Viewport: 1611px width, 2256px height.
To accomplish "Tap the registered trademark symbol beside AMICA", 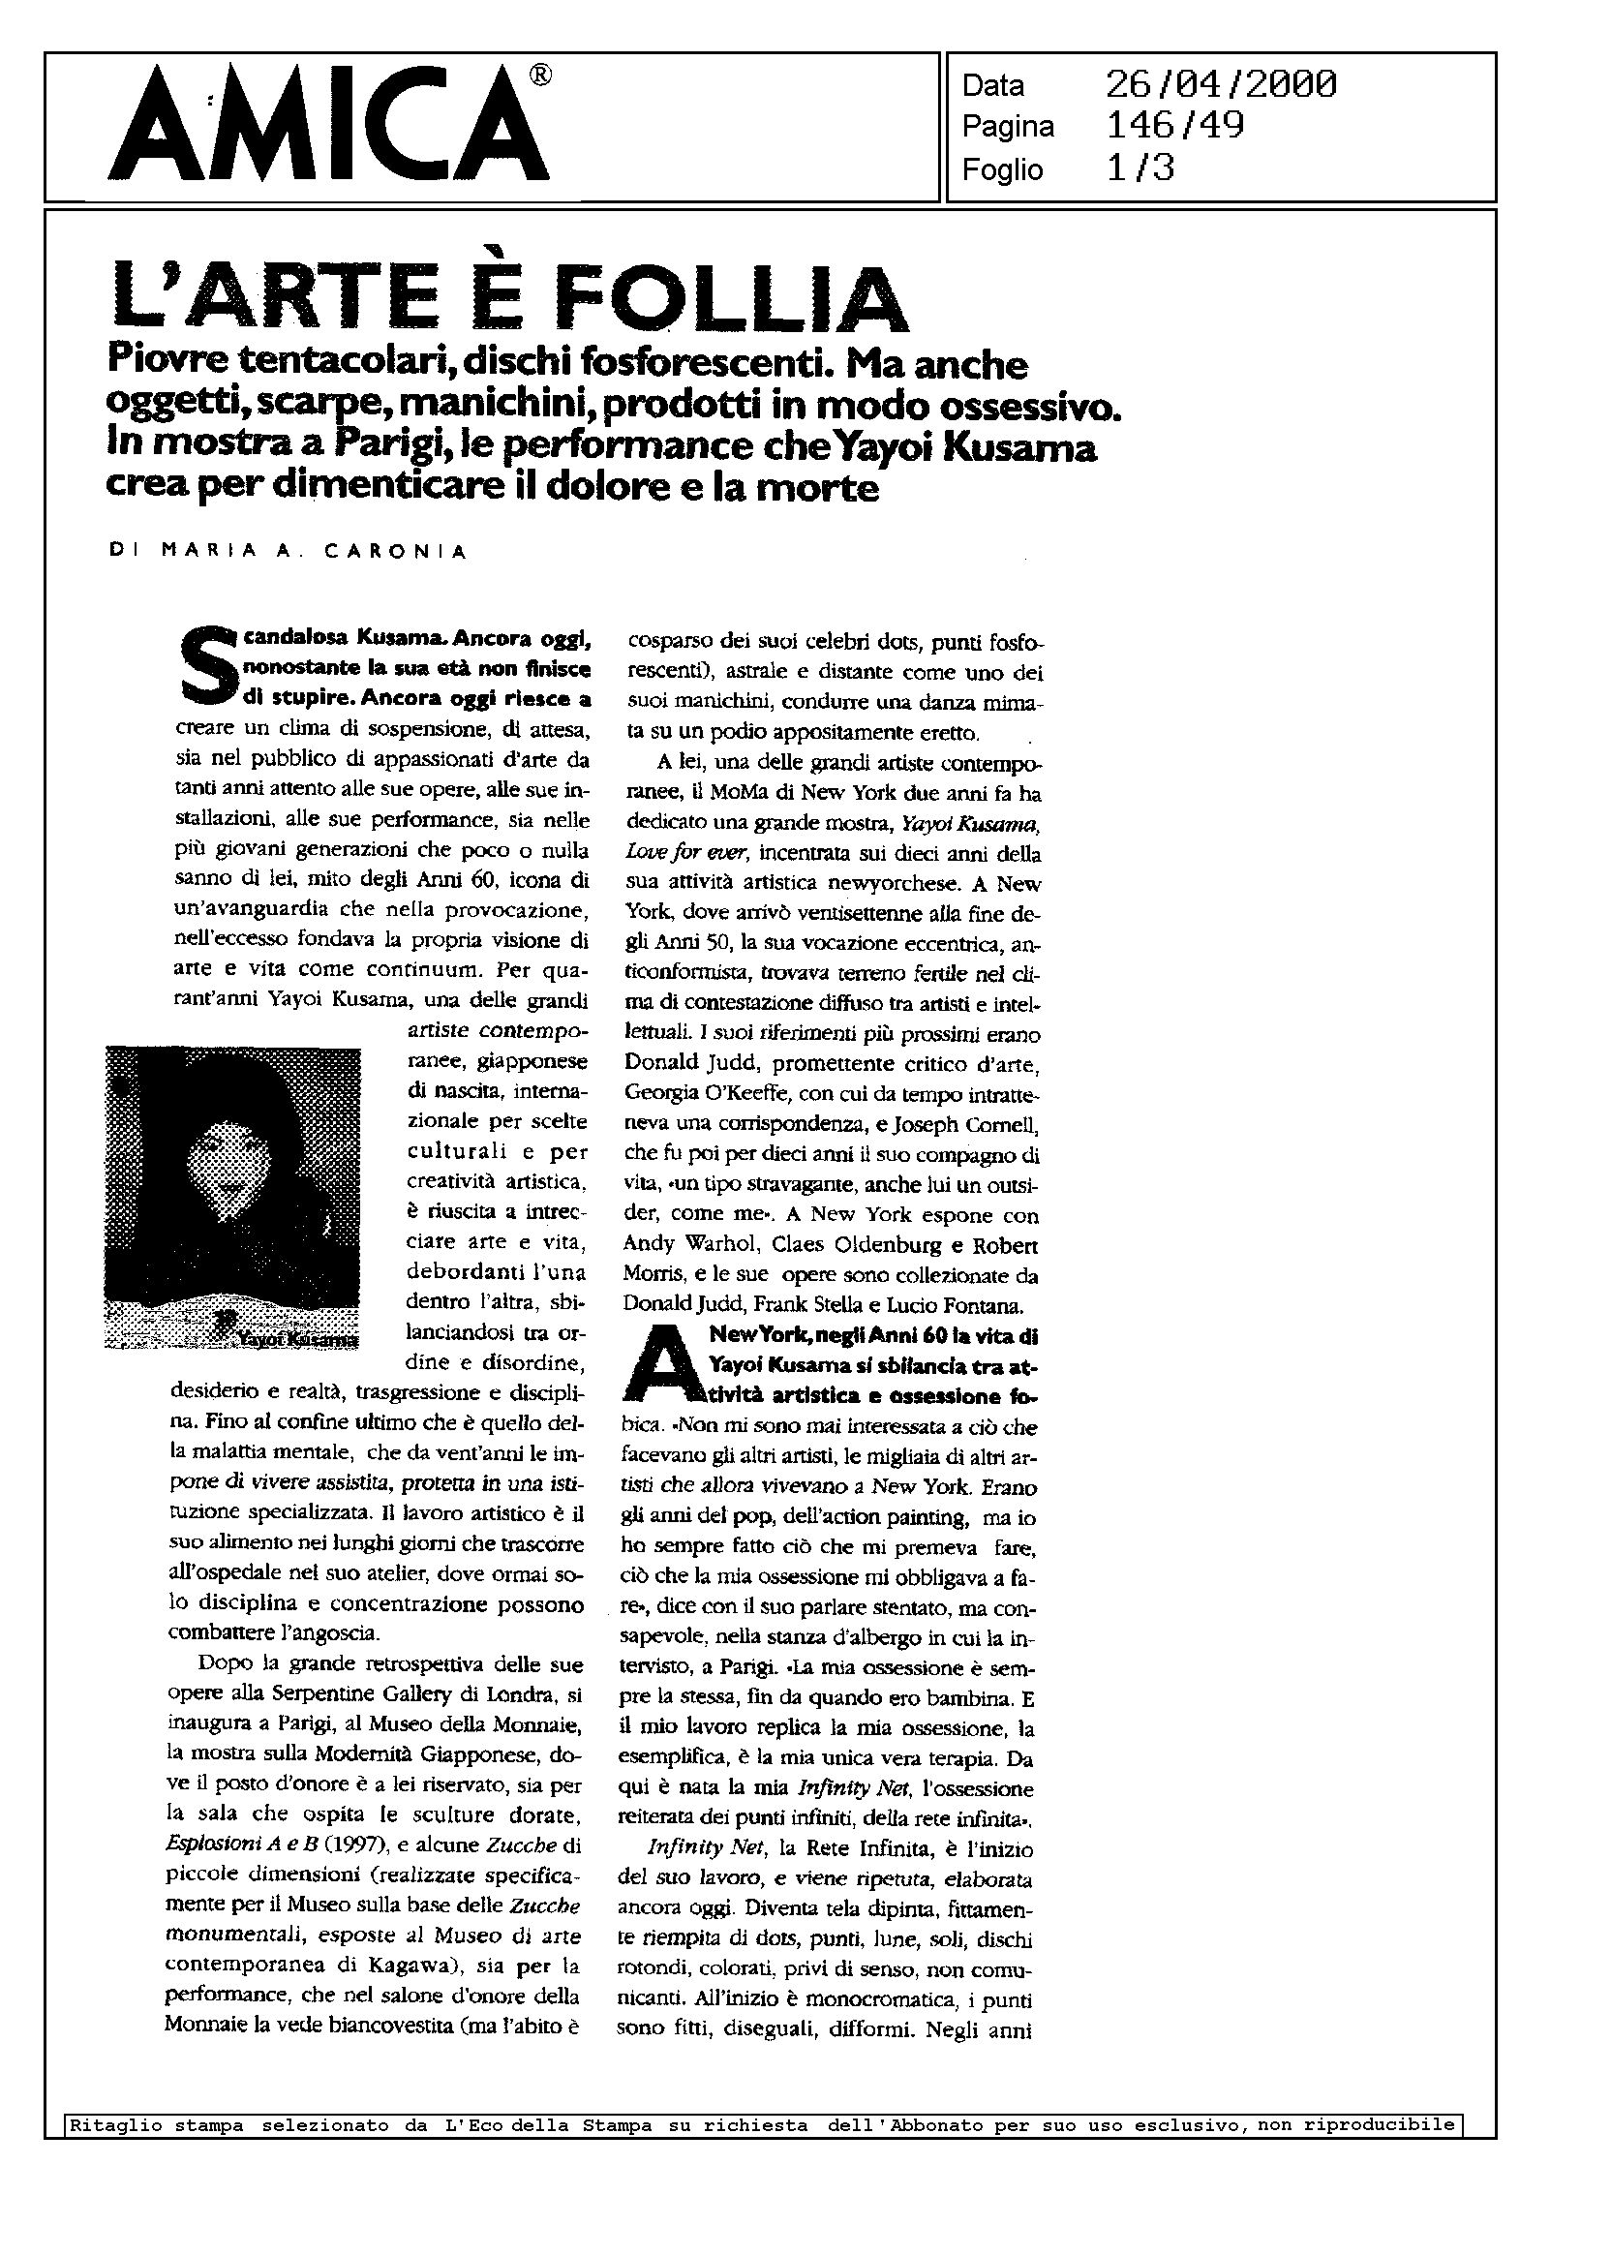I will [540, 76].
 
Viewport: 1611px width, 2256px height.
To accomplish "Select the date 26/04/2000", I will [1220, 85].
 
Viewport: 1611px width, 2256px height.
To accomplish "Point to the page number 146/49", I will [1174, 126].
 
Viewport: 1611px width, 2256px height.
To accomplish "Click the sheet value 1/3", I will [1140, 168].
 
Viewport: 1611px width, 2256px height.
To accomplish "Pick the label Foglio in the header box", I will [1002, 169].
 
